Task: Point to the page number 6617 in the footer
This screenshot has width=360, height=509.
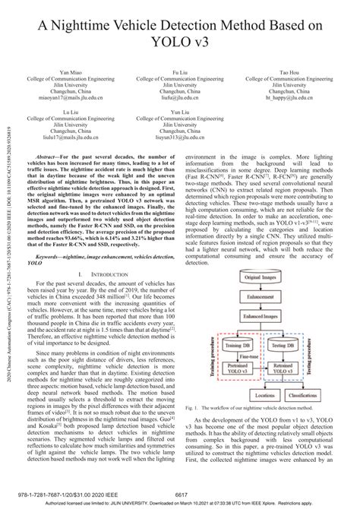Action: (180, 495)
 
